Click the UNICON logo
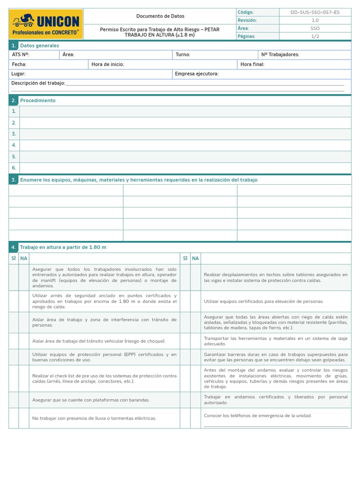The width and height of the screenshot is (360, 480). pos(46,24)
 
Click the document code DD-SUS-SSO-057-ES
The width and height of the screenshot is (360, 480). pos(315,12)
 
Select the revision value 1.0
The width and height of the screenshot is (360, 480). pos(315,20)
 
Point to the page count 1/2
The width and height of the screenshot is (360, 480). pos(315,36)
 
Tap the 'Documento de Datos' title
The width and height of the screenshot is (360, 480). pos(160,16)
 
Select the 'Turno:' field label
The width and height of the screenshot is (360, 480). pos(183,55)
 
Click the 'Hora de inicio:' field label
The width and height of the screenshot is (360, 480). pos(108,65)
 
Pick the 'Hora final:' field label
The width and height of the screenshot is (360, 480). pos(252,65)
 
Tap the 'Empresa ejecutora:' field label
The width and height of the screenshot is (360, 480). pos(197,74)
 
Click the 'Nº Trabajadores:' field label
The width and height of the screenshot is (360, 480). pos(280,55)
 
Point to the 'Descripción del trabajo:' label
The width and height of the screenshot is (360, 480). pos(38,83)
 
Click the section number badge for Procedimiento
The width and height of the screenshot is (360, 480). pos(14,100)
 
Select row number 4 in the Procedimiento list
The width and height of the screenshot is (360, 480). pos(14,145)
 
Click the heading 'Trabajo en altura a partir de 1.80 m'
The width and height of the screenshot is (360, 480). pos(63,247)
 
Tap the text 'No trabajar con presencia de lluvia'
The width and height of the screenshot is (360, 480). pos(94,418)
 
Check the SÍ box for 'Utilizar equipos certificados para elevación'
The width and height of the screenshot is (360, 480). pos(185,301)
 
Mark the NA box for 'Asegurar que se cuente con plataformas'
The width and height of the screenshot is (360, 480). pos(24,400)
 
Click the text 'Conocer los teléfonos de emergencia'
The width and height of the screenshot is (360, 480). pos(257,416)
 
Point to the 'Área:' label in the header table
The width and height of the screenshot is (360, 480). pos(243,28)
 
